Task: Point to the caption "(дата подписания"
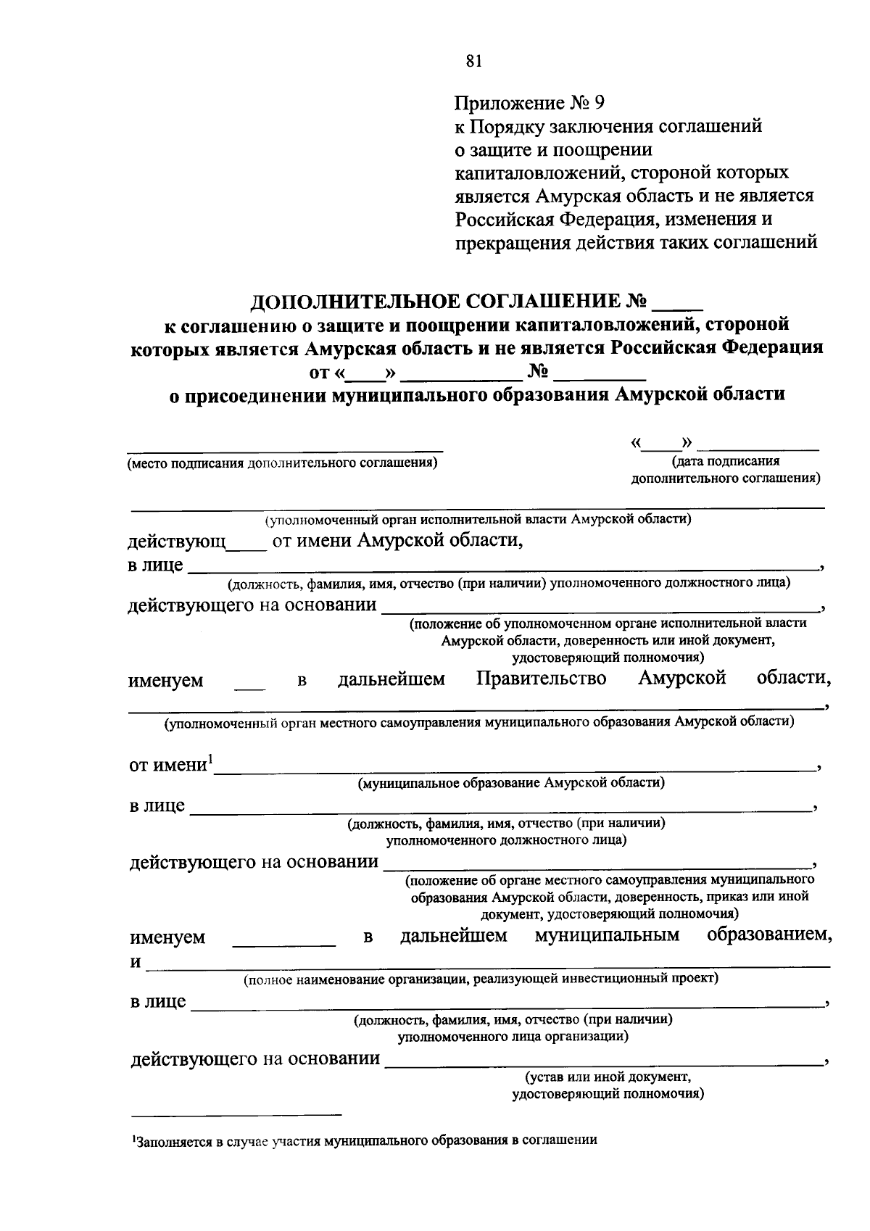coord(726,461)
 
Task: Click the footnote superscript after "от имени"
coord(210,759)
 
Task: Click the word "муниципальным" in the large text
coord(607,935)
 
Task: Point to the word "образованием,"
coord(768,934)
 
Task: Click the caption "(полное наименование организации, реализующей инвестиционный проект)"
coord(481,979)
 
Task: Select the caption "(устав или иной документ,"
coord(608,1077)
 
